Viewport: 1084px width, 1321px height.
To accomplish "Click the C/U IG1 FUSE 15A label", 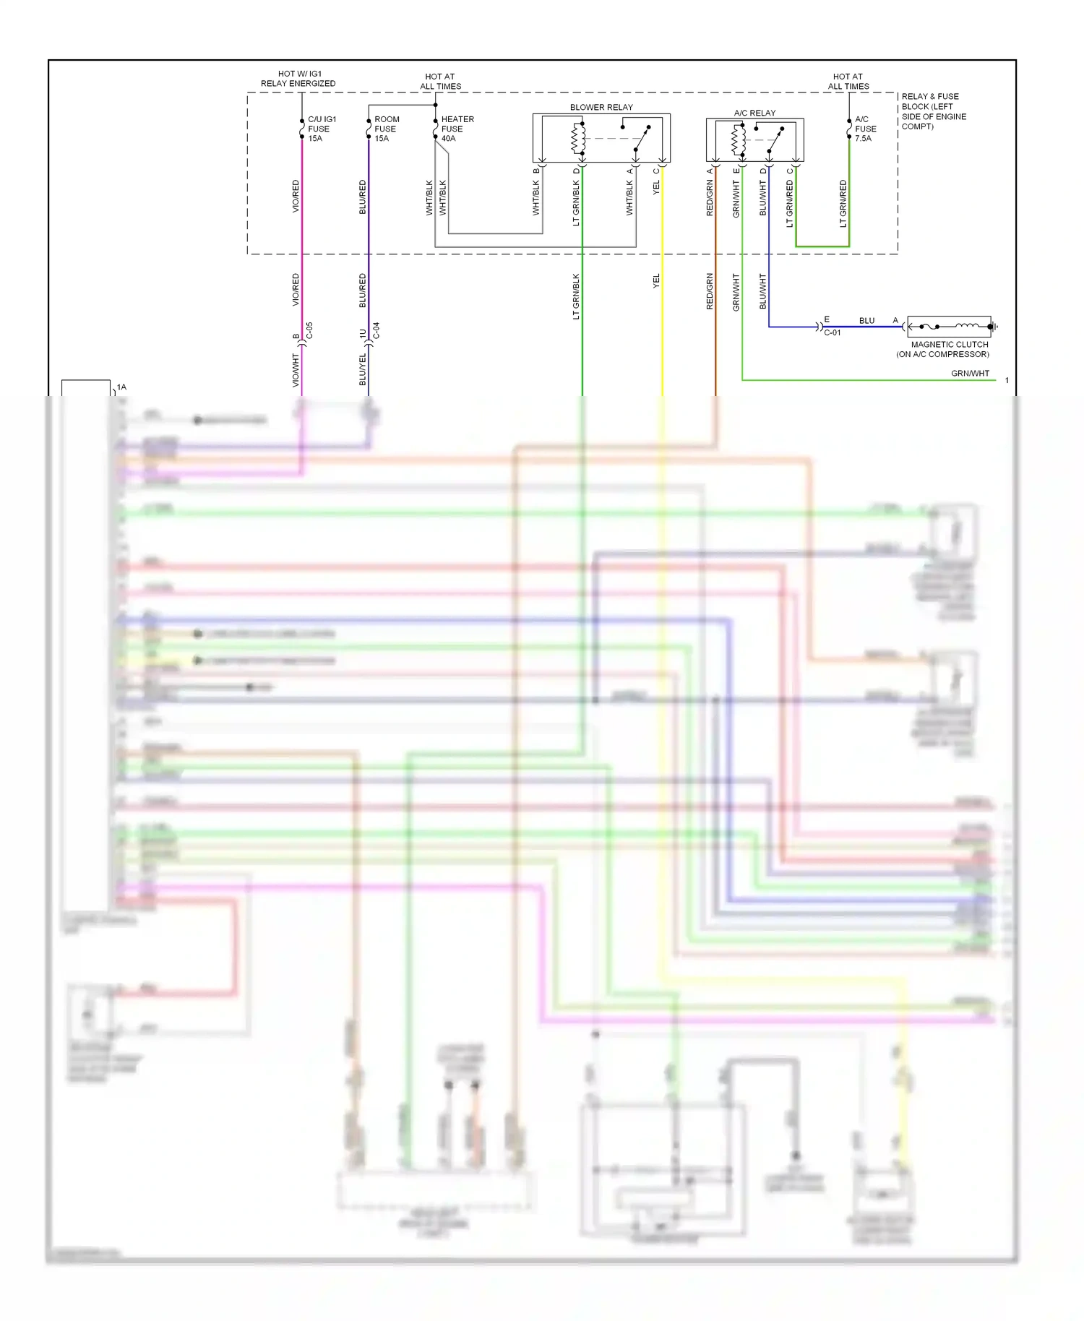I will click(321, 129).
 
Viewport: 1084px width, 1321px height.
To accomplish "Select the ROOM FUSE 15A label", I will click(386, 129).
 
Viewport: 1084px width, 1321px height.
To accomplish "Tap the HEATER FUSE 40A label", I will click(457, 129).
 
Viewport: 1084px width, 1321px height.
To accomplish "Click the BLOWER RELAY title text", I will click(601, 107).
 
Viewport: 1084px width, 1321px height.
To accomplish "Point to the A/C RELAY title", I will click(754, 113).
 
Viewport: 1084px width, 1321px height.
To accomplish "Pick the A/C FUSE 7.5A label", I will click(865, 129).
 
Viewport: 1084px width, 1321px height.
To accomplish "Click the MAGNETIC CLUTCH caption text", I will click(949, 345).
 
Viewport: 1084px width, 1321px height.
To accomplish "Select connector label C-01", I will click(832, 333).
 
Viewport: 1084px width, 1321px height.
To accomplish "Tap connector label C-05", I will click(309, 331).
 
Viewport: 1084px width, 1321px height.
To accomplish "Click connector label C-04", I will click(376, 331).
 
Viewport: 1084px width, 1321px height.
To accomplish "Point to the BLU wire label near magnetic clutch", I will click(866, 320).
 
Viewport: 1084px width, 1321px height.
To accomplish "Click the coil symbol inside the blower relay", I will click(578, 139).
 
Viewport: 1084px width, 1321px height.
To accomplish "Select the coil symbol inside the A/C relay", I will click(738, 140).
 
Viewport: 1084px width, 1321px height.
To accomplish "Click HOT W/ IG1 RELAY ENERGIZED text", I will click(298, 78).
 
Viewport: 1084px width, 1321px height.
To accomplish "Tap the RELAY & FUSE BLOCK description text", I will click(933, 111).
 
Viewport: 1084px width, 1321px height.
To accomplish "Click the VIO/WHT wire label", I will click(296, 369).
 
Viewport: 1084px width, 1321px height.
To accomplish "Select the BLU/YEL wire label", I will click(363, 369).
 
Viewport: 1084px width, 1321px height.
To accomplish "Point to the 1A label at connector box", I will click(121, 387).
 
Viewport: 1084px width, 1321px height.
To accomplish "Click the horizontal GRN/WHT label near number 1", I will click(969, 374).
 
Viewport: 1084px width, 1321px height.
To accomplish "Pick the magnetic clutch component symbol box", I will click(948, 327).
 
